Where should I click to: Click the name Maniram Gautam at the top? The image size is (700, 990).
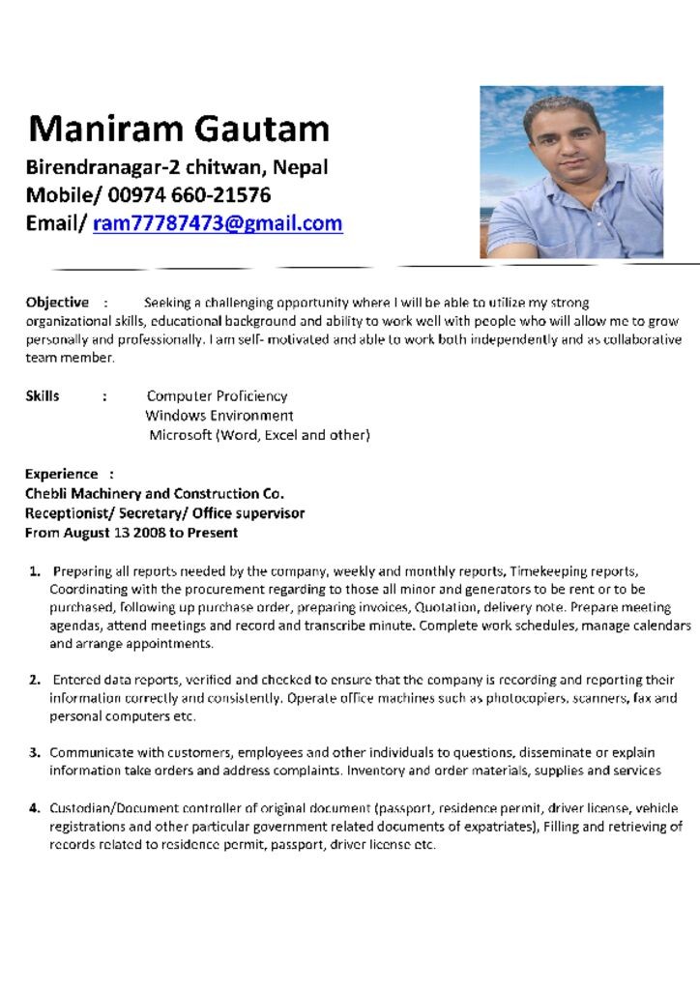[179, 128]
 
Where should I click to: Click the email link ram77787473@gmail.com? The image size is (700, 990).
[218, 223]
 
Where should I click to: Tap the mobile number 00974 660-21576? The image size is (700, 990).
[190, 195]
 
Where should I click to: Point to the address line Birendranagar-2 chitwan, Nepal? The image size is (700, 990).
[177, 167]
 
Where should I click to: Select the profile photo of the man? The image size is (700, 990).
[571, 172]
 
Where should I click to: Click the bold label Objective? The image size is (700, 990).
[57, 303]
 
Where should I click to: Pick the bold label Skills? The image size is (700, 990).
[43, 395]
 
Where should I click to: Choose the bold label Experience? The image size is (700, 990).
[62, 474]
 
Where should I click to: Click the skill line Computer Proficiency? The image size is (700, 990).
[217, 395]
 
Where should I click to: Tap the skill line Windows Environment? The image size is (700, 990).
[219, 416]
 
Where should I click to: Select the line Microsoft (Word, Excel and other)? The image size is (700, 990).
[259, 435]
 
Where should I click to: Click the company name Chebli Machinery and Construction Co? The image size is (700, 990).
[155, 493]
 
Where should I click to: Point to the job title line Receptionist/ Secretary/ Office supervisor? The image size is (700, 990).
[164, 512]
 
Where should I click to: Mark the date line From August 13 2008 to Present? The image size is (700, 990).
[131, 533]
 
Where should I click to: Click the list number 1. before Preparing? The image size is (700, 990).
[35, 571]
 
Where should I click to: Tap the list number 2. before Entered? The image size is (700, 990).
[35, 681]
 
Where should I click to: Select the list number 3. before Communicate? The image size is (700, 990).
[35, 752]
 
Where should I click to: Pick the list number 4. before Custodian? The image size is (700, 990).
[35, 808]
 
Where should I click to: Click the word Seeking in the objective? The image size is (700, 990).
[166, 303]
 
